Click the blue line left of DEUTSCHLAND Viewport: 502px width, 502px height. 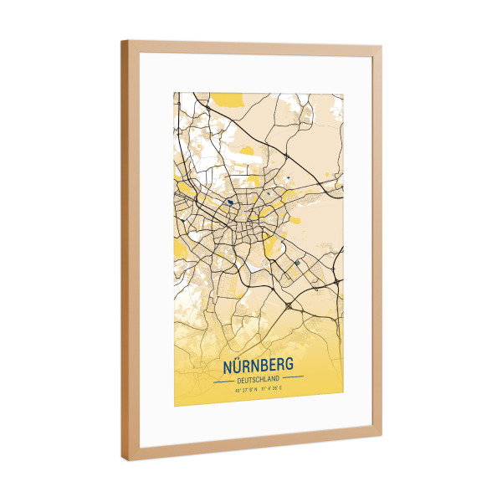[x=225, y=380]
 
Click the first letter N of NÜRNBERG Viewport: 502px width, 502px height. [x=228, y=367]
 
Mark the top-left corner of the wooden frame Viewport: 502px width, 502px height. [x=122, y=42]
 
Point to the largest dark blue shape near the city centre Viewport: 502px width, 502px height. [x=228, y=202]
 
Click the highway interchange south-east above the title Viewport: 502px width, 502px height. [x=289, y=307]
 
